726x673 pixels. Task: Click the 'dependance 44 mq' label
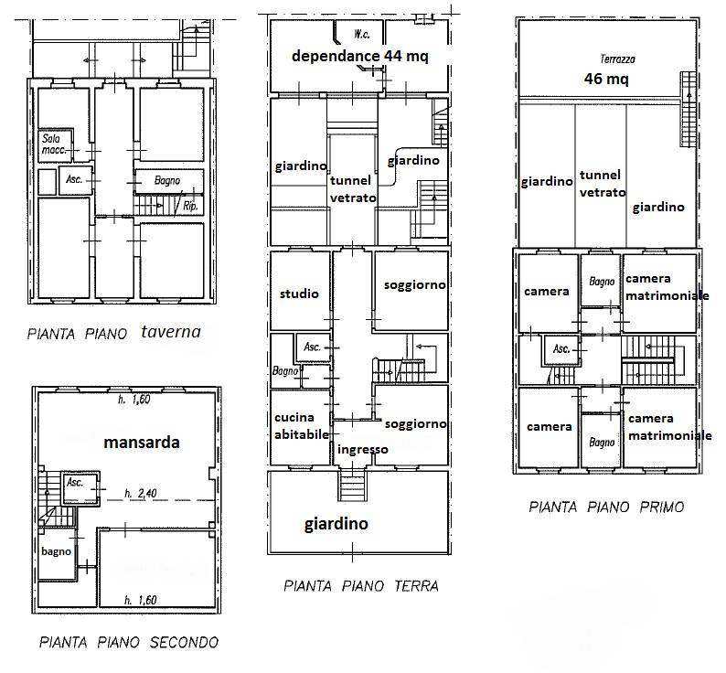[359, 56]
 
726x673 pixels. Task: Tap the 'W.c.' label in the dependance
[361, 34]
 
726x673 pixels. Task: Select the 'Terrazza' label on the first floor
[618, 59]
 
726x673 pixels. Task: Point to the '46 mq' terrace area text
[606, 79]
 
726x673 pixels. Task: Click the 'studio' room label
[299, 294]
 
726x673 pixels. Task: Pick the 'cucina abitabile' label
[302, 426]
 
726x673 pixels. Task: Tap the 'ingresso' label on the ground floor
[363, 449]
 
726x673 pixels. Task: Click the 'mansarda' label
[142, 443]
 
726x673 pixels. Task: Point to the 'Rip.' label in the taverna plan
[190, 206]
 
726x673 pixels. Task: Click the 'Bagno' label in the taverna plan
[167, 180]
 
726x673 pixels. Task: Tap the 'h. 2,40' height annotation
[141, 493]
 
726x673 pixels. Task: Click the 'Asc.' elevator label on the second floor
[75, 482]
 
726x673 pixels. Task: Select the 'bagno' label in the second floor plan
[56, 551]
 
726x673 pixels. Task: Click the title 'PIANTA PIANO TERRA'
[360, 586]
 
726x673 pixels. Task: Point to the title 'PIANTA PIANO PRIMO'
[606, 507]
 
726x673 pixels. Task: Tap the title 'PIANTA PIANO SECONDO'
[129, 643]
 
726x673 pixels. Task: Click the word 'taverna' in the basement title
[171, 332]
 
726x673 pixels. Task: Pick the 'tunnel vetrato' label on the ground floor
[353, 189]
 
